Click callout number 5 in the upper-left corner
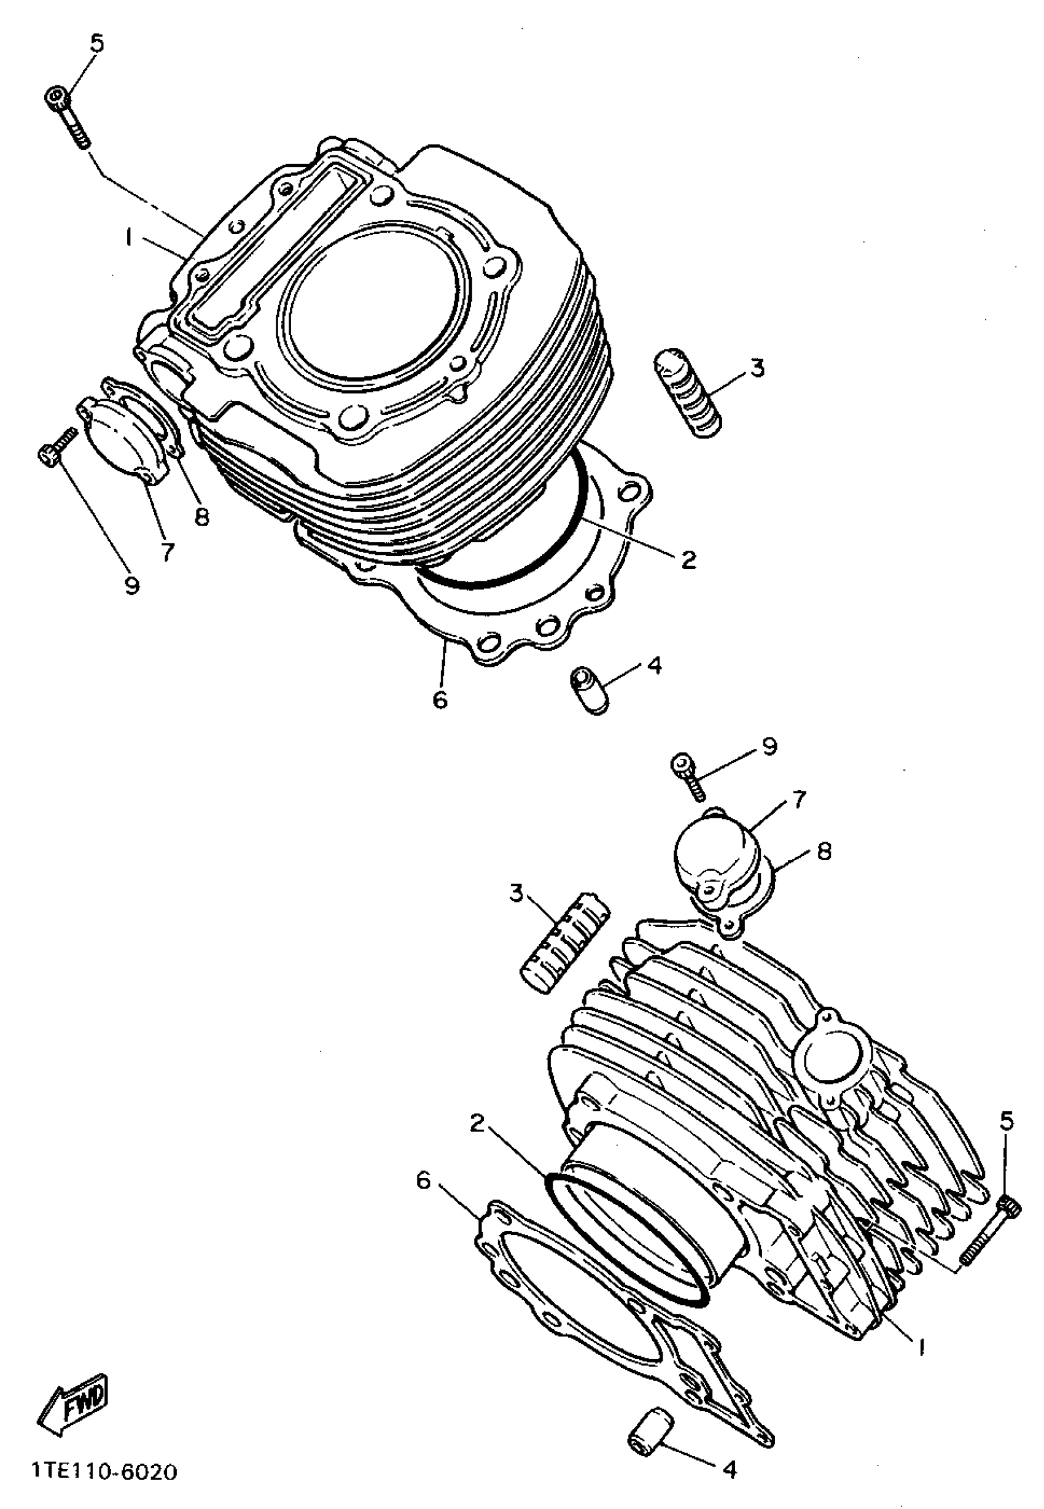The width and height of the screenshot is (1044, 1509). point(97,44)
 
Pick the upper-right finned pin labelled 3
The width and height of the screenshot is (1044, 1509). point(689,390)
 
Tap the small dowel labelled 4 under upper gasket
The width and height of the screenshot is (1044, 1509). point(588,689)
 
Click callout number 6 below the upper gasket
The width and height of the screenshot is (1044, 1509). point(440,700)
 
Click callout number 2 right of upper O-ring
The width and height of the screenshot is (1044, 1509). point(688,560)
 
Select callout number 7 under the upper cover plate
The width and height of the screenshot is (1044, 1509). point(168,553)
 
